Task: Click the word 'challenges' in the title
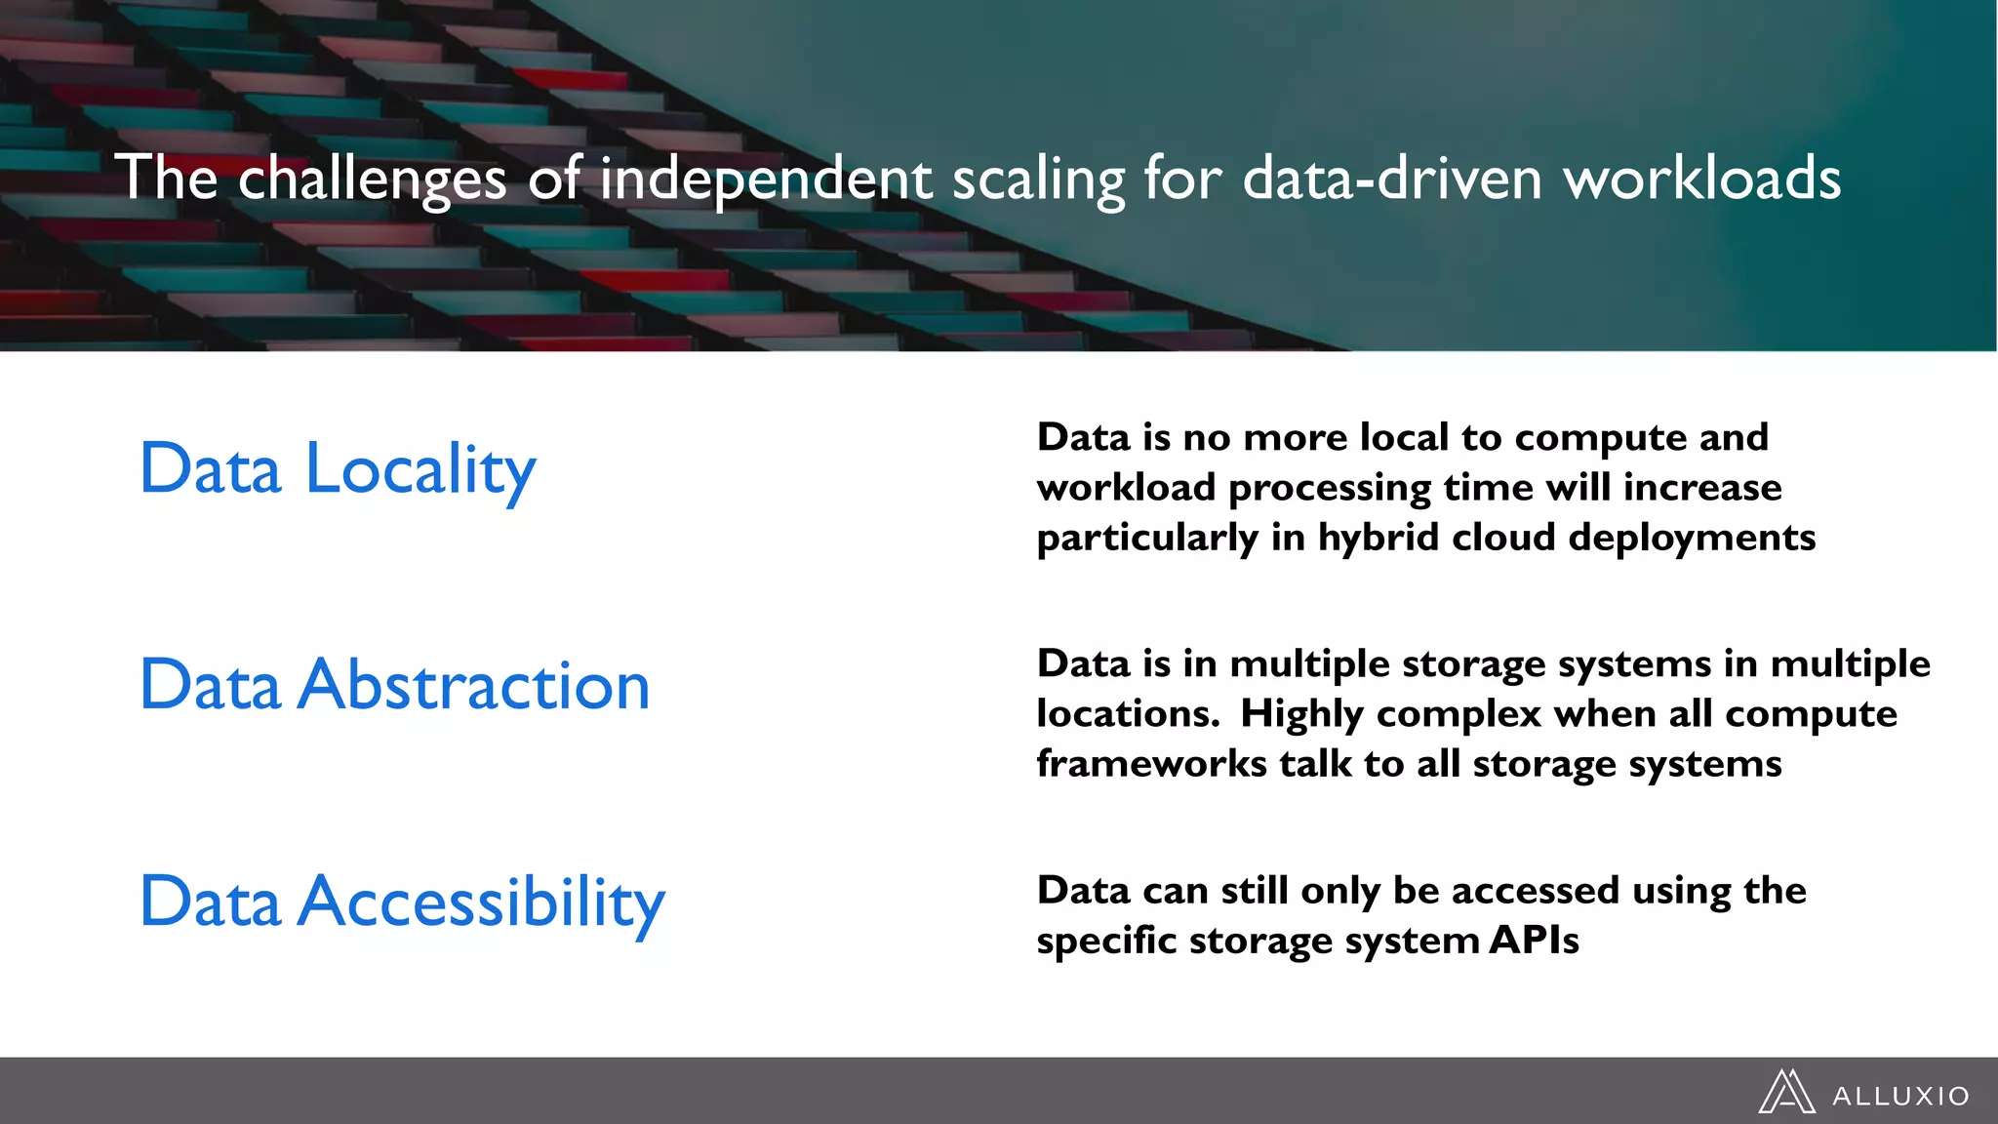pyautogui.click(x=372, y=180)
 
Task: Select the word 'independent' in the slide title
pyautogui.click(x=766, y=180)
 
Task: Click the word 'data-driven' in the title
pyautogui.click(x=1392, y=180)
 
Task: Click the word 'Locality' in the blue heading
pyautogui.click(x=420, y=470)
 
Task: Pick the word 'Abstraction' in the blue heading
pyautogui.click(x=474, y=686)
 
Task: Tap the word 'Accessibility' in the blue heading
pyautogui.click(x=482, y=903)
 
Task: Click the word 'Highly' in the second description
pyautogui.click(x=1301, y=714)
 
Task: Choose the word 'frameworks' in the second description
pyautogui.click(x=1151, y=764)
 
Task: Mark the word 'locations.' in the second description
pyautogui.click(x=1128, y=714)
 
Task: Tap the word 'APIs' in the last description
pyautogui.click(x=1534, y=941)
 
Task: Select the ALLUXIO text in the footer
pyautogui.click(x=1900, y=1097)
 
